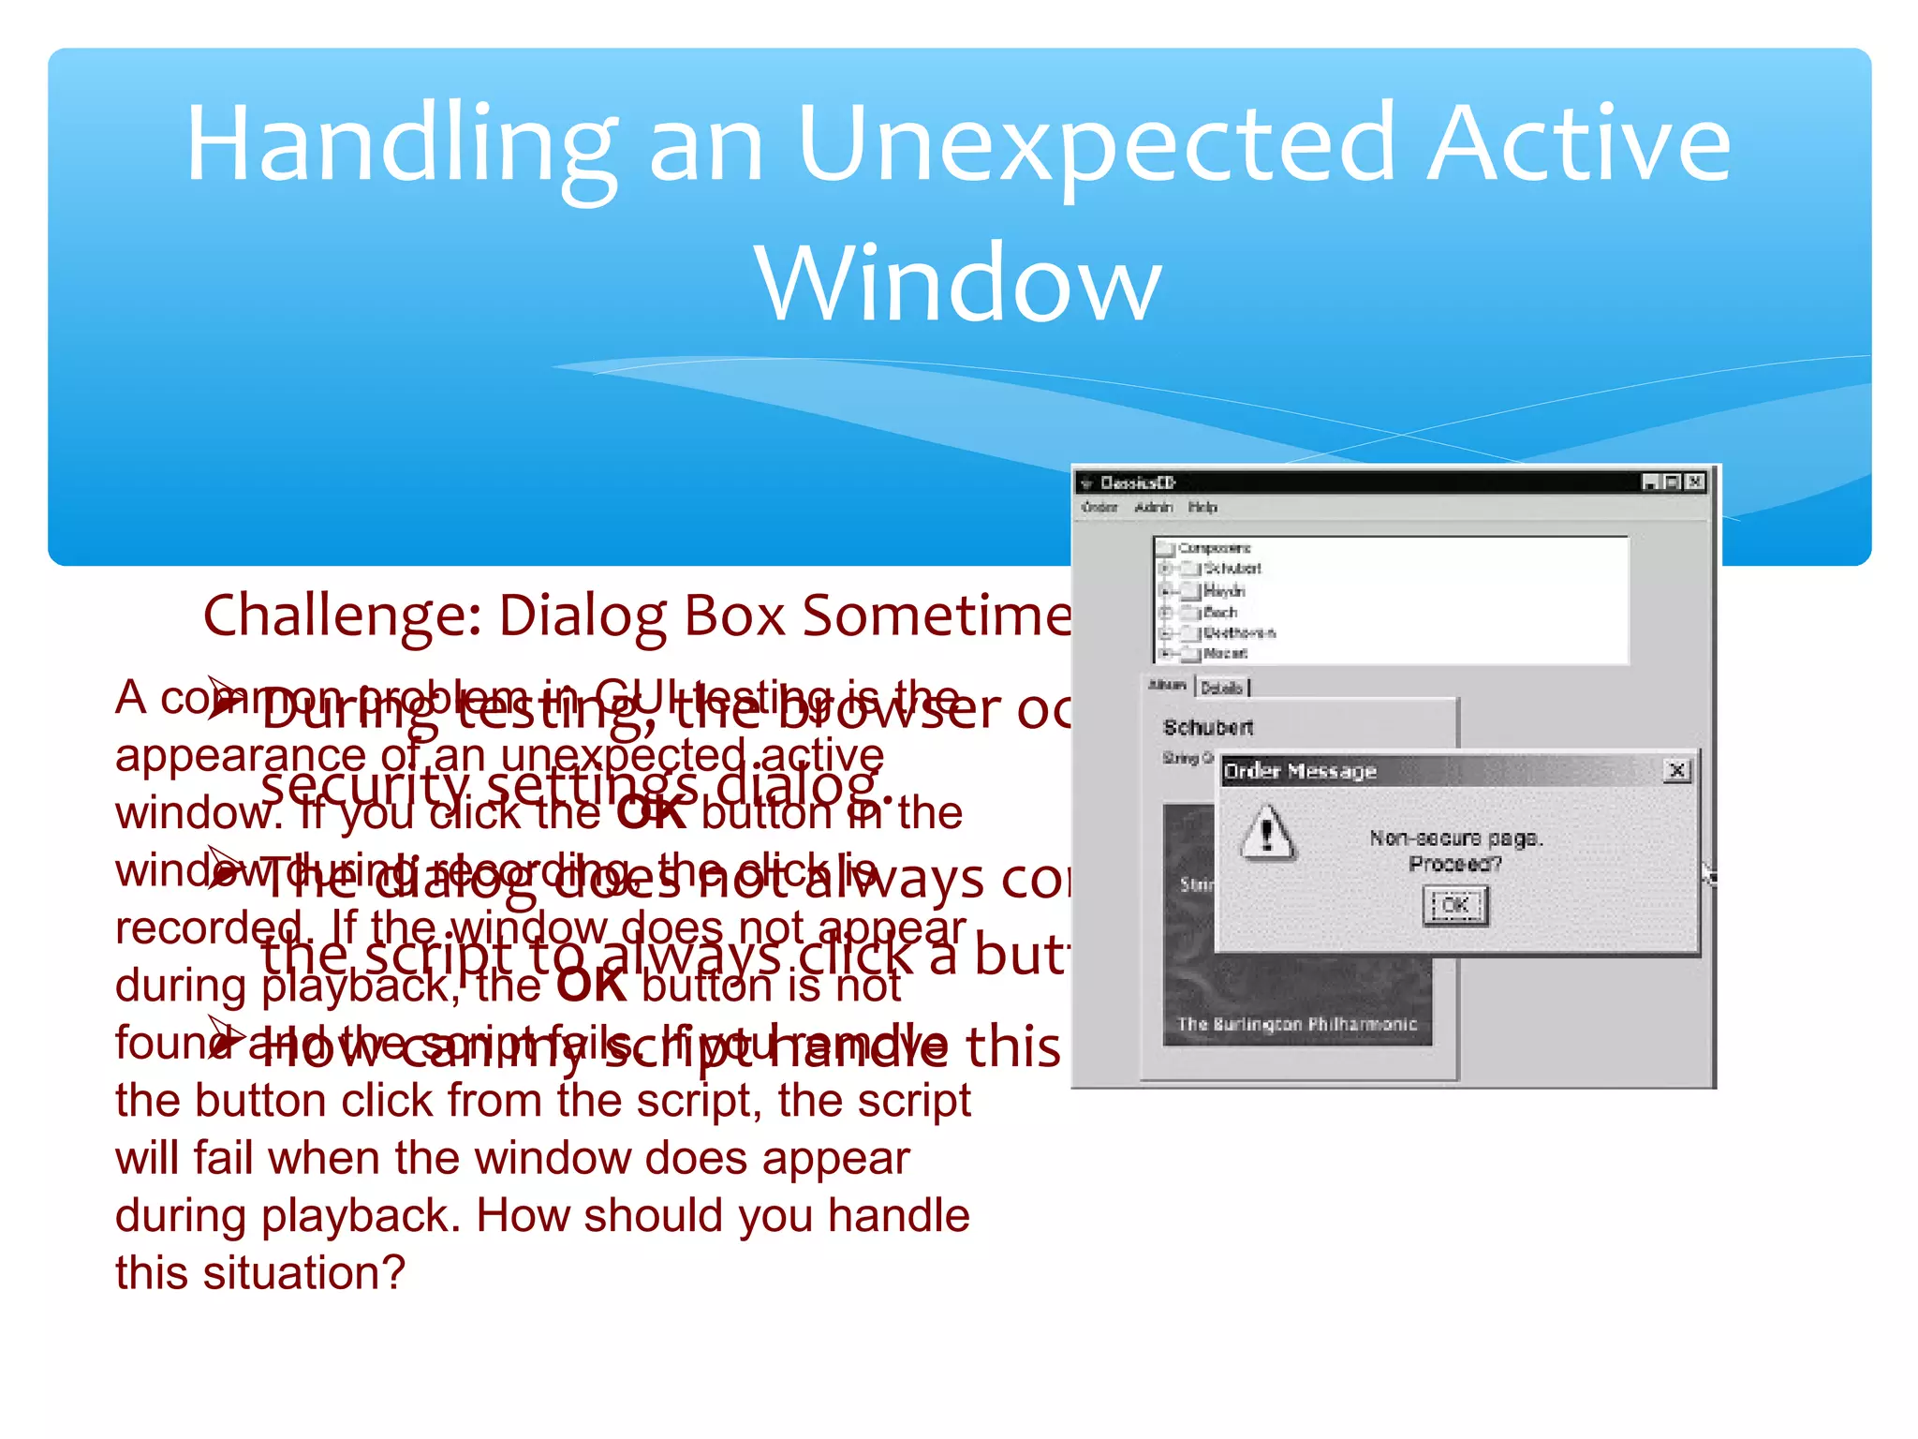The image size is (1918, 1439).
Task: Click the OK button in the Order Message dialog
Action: click(x=1454, y=905)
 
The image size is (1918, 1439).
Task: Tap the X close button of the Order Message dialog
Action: click(x=1676, y=770)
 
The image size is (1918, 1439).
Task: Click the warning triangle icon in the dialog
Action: click(x=1267, y=831)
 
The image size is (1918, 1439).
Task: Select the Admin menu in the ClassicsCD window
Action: click(x=1153, y=507)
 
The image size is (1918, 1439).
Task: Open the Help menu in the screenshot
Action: click(x=1202, y=507)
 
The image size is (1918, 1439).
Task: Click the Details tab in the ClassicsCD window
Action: click(x=1221, y=688)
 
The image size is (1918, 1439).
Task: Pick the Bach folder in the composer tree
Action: click(x=1219, y=612)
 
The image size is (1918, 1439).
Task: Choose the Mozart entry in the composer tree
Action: click(x=1224, y=653)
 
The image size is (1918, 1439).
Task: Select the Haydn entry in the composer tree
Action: click(x=1223, y=591)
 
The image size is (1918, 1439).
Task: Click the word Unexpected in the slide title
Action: click(x=1096, y=145)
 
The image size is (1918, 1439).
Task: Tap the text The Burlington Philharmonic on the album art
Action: click(x=1296, y=1024)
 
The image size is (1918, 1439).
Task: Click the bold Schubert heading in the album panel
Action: click(x=1207, y=727)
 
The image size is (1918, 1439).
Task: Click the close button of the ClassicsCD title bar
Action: click(x=1694, y=482)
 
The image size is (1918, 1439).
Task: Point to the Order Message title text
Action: click(x=1300, y=771)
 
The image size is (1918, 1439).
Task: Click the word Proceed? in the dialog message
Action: click(x=1454, y=863)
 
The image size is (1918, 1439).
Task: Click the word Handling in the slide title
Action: click(x=401, y=145)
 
